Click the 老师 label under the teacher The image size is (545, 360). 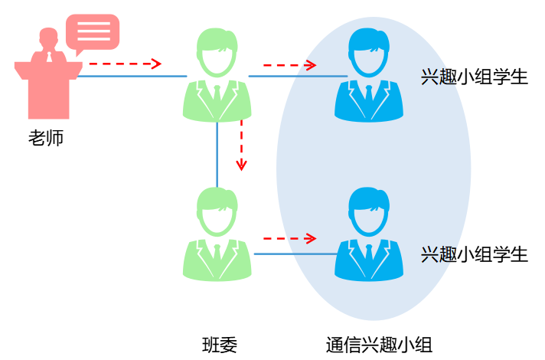[46, 139]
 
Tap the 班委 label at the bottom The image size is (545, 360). [220, 344]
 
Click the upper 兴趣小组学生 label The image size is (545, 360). [475, 77]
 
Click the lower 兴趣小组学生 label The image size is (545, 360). [475, 254]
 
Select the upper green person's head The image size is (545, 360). [217, 51]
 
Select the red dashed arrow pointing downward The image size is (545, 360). [242, 145]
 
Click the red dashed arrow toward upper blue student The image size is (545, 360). [289, 65]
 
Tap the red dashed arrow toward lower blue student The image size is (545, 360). [289, 238]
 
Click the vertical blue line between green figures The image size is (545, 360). [217, 153]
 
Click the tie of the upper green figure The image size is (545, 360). [217, 96]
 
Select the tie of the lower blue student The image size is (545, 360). [369, 254]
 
